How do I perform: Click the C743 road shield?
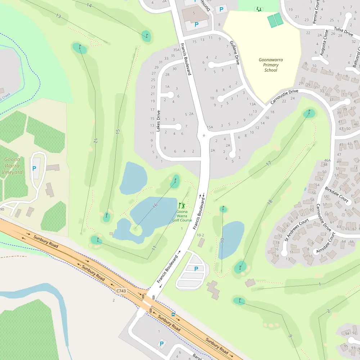(121, 291)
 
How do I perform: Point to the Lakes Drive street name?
(158, 121)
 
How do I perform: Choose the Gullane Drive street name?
(234, 53)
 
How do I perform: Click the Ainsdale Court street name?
(325, 242)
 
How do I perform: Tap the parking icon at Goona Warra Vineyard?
(35, 168)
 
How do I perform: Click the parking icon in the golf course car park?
(196, 269)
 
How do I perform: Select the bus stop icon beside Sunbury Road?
(173, 314)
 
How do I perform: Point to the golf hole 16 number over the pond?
(155, 206)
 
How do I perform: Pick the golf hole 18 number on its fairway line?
(270, 203)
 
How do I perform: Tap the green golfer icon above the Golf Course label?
(181, 205)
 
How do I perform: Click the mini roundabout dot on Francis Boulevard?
(204, 135)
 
